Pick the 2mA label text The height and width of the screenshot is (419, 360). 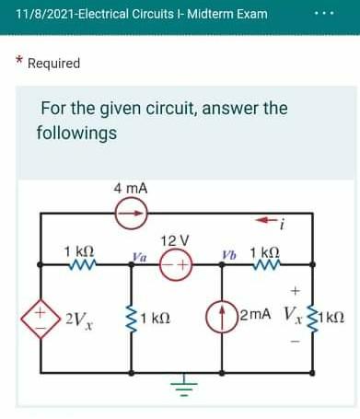coord(255,317)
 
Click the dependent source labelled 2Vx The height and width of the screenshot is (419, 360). coord(42,319)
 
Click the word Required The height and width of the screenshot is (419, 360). coord(54,64)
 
